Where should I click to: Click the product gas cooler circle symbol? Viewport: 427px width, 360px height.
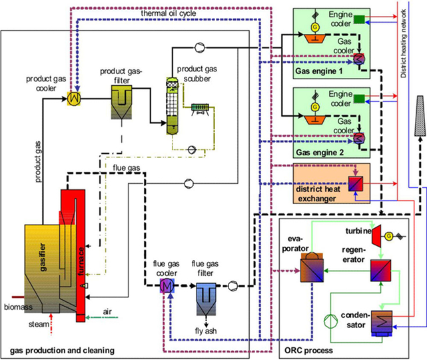coord(74,98)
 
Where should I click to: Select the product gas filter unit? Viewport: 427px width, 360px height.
coord(122,103)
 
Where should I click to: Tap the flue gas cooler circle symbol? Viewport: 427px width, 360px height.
coord(167,286)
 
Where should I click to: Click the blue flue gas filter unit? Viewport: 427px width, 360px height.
coord(206,299)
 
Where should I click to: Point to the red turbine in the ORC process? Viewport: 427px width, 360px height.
coord(376,236)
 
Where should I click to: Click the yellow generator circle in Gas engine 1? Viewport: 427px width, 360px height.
coord(315,27)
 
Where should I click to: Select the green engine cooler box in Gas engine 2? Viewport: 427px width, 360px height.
coord(359,99)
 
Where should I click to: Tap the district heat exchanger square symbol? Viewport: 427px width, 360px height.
coord(356,184)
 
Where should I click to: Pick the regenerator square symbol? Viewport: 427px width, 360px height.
coord(381,271)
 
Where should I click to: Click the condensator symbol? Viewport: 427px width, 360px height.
coord(382,323)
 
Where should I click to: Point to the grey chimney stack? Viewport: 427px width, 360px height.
coord(420,116)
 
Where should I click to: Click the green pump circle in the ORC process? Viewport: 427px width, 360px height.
coord(330,321)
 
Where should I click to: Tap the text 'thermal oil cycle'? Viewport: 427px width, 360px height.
coord(169,13)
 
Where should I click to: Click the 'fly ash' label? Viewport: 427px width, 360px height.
coord(206,331)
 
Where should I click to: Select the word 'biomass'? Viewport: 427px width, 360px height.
coord(18,307)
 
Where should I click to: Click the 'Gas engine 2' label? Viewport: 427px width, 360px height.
coord(320,152)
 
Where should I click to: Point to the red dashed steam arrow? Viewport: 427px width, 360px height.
coord(51,324)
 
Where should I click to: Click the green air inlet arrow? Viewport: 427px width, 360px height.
coord(102,317)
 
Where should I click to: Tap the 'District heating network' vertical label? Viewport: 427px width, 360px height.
coord(404,43)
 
